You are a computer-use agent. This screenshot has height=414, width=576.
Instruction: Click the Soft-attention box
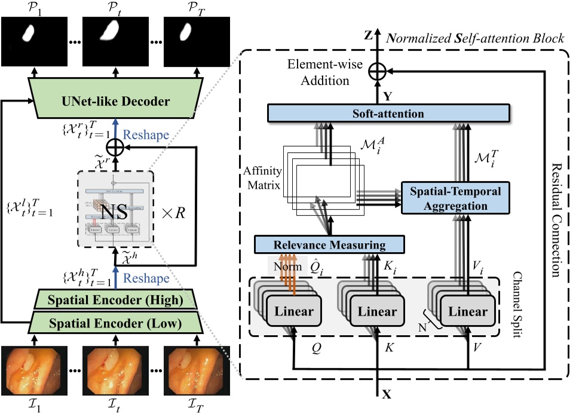tap(388, 113)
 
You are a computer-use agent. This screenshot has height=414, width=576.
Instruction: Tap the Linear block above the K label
tap(378, 312)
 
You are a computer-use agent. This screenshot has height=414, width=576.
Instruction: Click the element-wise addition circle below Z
tap(377, 71)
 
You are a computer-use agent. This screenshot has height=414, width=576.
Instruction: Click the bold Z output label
tap(369, 36)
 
